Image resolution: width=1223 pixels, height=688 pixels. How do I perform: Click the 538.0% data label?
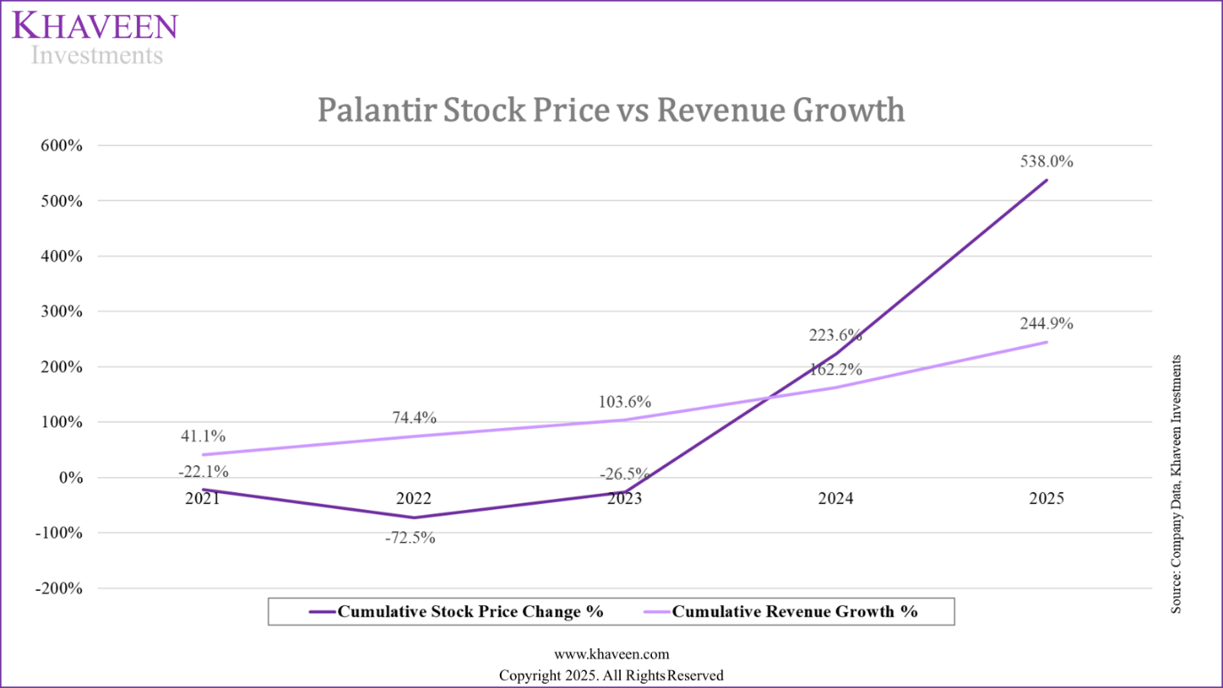pyautogui.click(x=1046, y=162)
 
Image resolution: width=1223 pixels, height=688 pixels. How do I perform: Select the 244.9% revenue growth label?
pyautogui.click(x=1046, y=324)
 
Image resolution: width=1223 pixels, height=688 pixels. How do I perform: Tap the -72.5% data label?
pyautogui.click(x=409, y=538)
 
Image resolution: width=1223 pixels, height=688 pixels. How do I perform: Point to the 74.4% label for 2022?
pyautogui.click(x=414, y=418)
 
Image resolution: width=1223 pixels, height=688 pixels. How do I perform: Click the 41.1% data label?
pyautogui.click(x=204, y=436)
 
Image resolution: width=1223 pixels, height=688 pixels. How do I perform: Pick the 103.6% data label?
pyautogui.click(x=624, y=402)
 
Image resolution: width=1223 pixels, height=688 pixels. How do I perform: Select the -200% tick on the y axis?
pyautogui.click(x=59, y=588)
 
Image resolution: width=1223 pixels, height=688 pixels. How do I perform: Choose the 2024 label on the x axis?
pyautogui.click(x=835, y=498)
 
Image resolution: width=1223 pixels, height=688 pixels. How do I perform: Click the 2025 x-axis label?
pyautogui.click(x=1046, y=498)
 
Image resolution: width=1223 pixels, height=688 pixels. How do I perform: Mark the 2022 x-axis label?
pyautogui.click(x=414, y=498)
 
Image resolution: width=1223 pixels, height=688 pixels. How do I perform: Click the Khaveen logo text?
pyautogui.click(x=95, y=26)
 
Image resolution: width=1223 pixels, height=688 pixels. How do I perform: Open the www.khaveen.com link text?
pyautogui.click(x=611, y=654)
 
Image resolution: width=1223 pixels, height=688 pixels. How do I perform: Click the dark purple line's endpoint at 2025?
pyautogui.click(x=1046, y=180)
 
